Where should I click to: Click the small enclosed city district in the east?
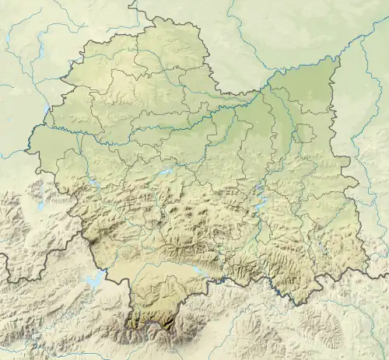pyautogui.click(x=306, y=134)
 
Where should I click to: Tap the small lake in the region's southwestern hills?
pyautogui.click(x=92, y=183)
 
